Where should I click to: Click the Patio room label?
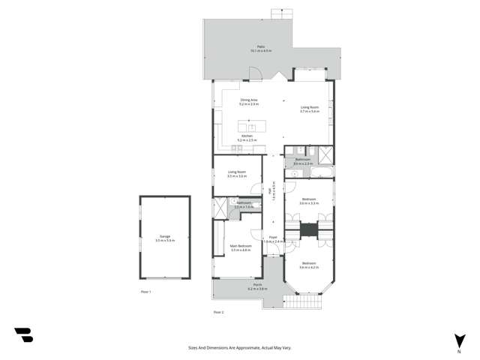[261, 49]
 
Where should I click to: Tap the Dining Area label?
[249, 102]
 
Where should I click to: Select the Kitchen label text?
[247, 138]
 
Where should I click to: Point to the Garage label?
[163, 238]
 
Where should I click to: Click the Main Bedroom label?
[240, 247]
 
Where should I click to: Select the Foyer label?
[273, 239]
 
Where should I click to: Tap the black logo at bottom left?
[23, 335]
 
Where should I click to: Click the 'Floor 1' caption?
[146, 291]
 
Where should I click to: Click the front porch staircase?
[307, 302]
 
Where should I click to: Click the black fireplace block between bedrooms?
[309, 229]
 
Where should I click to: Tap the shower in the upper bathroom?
[326, 155]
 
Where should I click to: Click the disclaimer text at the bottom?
[240, 348]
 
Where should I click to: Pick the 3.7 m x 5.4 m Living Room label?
[310, 109]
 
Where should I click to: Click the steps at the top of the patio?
[281, 13]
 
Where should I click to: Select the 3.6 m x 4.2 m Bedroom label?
[309, 265]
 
